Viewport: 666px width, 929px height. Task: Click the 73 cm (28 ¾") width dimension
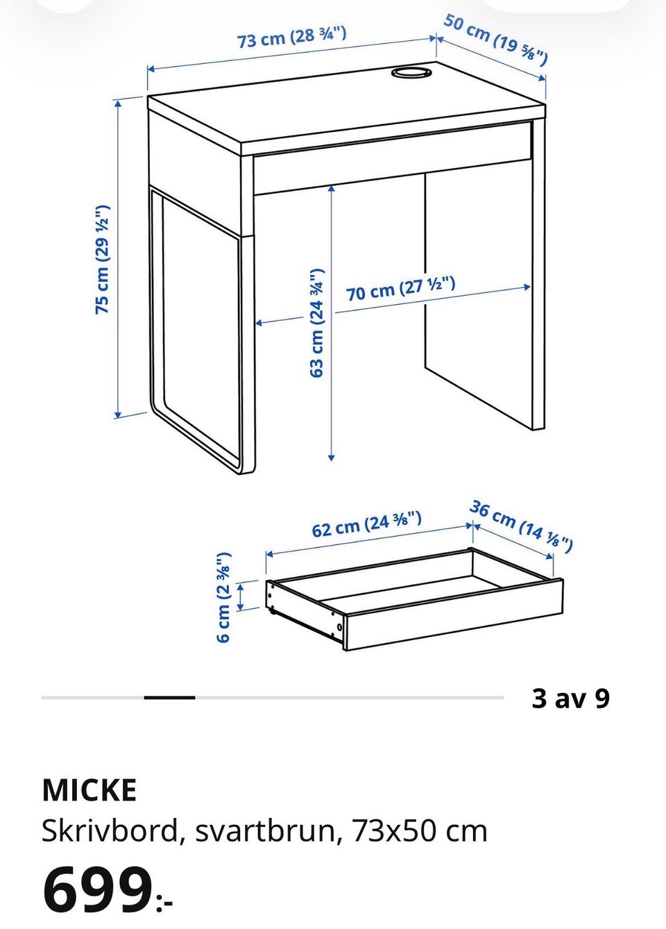(292, 37)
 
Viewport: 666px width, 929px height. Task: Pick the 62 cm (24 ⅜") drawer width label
(366, 525)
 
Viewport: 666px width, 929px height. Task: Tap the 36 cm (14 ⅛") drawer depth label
(522, 527)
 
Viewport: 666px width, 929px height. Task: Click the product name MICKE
(89, 790)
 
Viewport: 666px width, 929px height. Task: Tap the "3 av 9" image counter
(571, 698)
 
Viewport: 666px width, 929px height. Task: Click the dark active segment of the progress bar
(169, 698)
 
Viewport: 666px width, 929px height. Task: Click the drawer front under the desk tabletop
(393, 157)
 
